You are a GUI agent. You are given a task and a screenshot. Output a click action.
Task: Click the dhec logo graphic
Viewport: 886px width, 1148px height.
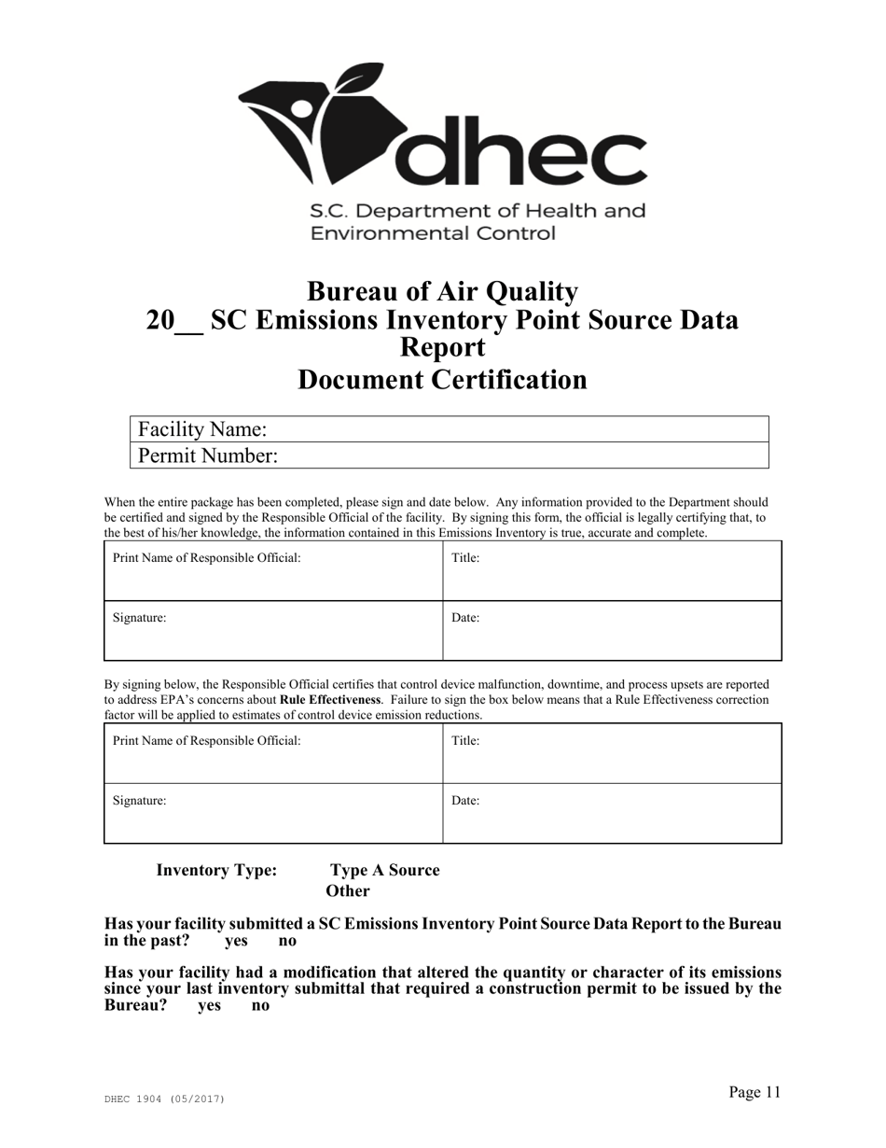pos(442,126)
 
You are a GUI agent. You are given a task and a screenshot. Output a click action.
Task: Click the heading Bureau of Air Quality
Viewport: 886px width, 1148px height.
pos(442,292)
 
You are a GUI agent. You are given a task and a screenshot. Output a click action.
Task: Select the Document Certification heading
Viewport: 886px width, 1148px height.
pos(442,380)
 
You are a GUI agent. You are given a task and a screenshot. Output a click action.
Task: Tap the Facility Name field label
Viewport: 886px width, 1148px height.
pos(202,429)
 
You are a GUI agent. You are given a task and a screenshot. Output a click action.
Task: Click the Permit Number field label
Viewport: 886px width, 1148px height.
pos(207,455)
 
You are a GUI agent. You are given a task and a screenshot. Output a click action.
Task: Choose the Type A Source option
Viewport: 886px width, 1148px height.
pos(384,870)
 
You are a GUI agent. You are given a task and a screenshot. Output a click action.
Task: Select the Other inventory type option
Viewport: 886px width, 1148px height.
pos(348,890)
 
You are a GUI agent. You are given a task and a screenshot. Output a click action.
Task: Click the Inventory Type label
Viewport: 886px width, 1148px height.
pos(216,870)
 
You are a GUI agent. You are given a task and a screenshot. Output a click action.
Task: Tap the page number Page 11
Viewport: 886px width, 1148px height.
pos(754,1092)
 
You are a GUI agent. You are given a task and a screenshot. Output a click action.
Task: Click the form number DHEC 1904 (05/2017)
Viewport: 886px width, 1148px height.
pos(164,1099)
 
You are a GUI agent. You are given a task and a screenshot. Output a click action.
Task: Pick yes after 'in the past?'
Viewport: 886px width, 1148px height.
pos(237,941)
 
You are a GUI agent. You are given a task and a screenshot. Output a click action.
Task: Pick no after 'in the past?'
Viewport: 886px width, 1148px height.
pos(288,941)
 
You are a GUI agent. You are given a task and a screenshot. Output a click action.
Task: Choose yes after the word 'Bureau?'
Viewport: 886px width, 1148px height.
pos(209,1006)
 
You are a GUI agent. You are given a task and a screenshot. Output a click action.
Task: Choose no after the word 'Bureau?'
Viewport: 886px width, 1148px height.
pos(261,1006)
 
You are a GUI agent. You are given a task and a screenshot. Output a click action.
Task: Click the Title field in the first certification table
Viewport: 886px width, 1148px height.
pos(611,570)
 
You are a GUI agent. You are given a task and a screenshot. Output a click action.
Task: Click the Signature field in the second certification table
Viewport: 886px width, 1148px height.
pos(272,813)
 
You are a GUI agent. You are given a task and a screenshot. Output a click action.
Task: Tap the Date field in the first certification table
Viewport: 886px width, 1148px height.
pos(611,630)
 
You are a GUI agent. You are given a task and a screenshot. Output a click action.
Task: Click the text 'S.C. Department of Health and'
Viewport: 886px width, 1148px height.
pos(478,211)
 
